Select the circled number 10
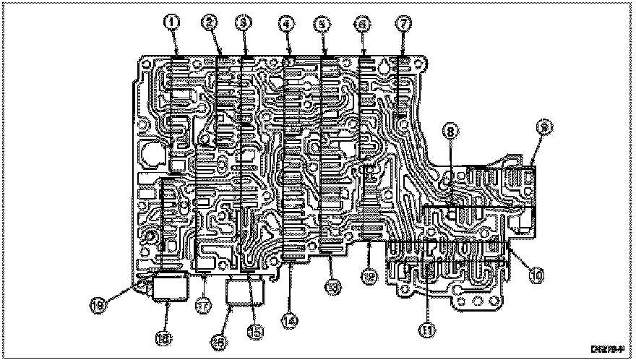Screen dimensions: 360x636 [537, 275]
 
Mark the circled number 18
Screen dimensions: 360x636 [166, 336]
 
